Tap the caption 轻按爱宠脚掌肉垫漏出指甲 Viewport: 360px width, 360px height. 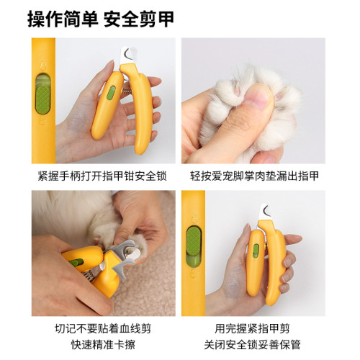[255, 175]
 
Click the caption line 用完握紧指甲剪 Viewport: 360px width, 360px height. [255, 328]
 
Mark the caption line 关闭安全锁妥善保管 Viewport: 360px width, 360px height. [255, 343]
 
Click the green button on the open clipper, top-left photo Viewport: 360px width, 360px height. [112, 91]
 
